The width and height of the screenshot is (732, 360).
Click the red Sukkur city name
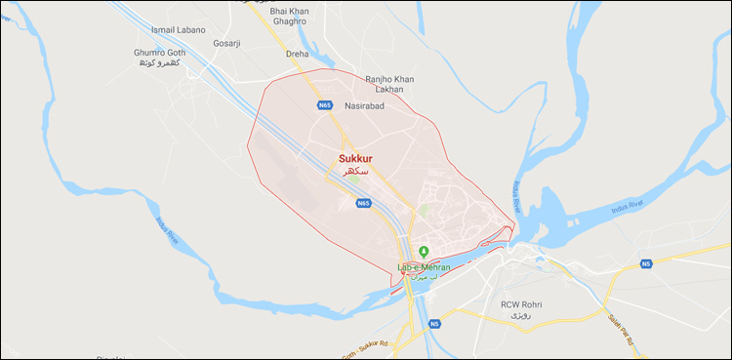[x=355, y=157]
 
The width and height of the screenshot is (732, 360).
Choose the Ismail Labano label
[x=181, y=30]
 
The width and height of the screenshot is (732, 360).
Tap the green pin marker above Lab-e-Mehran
[x=424, y=253]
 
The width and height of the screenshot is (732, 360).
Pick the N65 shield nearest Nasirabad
[x=324, y=104]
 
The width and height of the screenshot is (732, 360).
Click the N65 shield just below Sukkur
[x=363, y=203]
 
